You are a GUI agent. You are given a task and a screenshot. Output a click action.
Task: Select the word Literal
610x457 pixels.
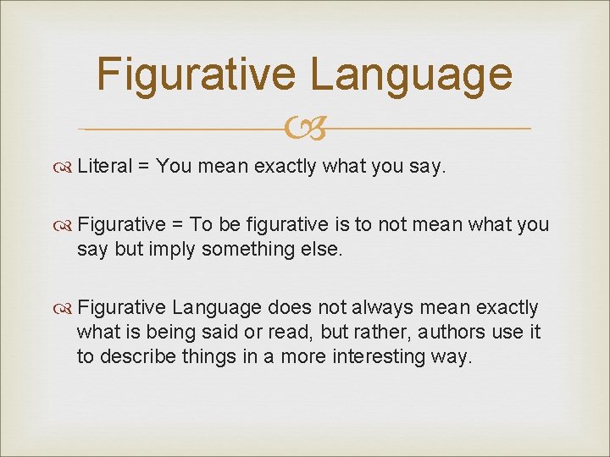[104, 168]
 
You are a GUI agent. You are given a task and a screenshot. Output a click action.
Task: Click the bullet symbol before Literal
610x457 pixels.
[66, 168]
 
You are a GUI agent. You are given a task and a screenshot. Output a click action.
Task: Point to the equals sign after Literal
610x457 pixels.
[144, 168]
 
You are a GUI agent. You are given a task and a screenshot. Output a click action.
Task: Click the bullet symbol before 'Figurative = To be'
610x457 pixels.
[66, 225]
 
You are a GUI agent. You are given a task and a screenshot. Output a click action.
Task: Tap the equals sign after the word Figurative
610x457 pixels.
[178, 225]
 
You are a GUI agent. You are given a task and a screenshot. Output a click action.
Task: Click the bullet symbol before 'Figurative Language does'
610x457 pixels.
[66, 307]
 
